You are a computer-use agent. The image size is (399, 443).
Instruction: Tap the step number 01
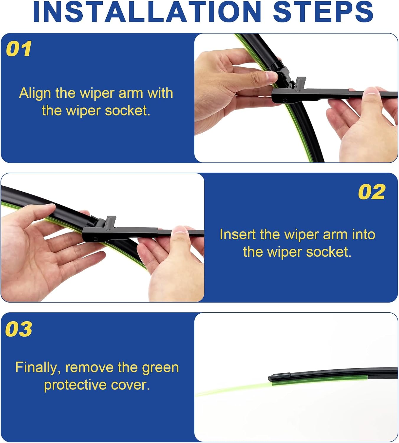(x=19, y=49)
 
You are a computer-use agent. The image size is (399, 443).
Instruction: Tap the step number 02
(x=372, y=192)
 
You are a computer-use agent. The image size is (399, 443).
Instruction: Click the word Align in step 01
(x=35, y=93)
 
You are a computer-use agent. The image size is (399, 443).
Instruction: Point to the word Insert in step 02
(x=237, y=234)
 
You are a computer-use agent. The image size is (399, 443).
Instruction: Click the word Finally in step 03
(x=38, y=368)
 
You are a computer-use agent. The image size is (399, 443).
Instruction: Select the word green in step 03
(x=160, y=368)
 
